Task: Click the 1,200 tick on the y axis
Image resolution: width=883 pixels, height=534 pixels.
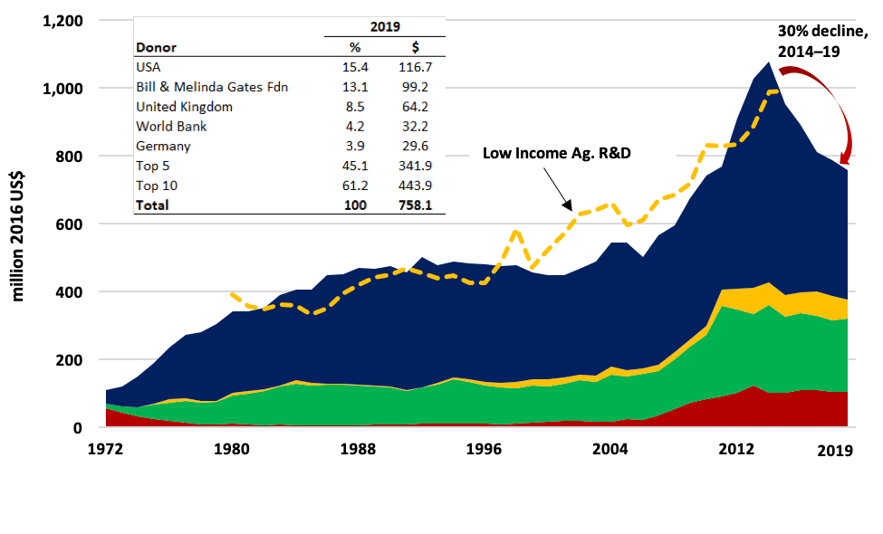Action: click(x=62, y=21)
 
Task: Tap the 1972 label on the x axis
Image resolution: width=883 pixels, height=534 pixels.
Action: click(x=108, y=448)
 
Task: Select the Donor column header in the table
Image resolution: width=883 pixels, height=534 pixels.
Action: click(x=156, y=48)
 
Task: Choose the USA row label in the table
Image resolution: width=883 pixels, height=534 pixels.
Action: click(x=148, y=67)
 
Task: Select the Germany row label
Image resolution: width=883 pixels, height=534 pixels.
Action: click(x=161, y=147)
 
